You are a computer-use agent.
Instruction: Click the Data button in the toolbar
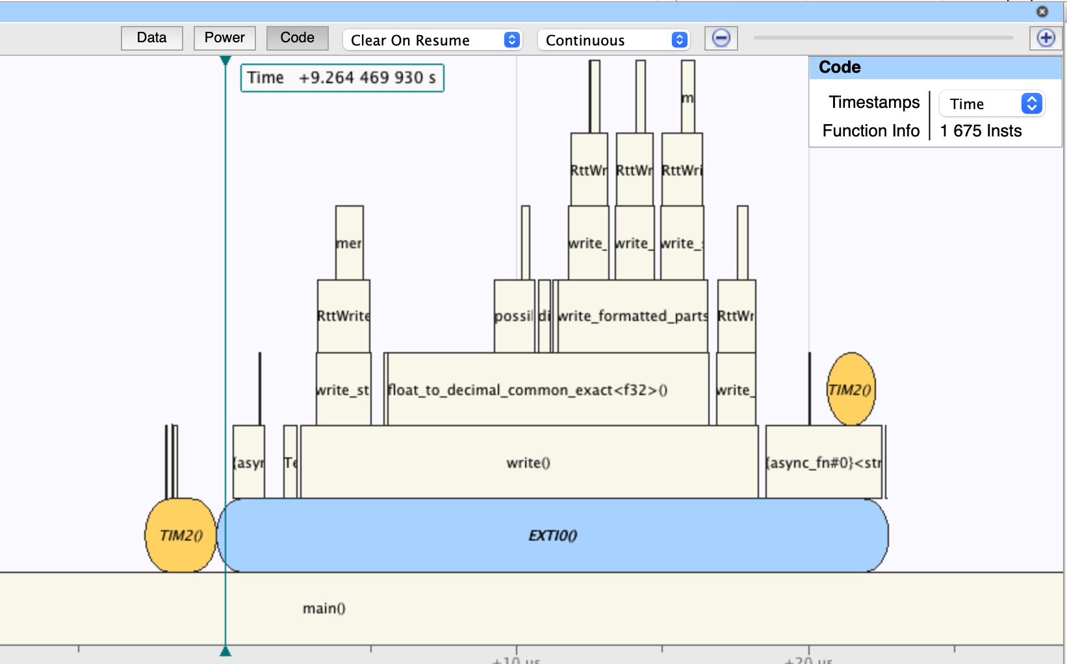pyautogui.click(x=152, y=38)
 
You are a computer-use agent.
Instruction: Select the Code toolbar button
pyautogui.click(x=297, y=38)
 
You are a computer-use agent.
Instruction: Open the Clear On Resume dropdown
pyautogui.click(x=432, y=40)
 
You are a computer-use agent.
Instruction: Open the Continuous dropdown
pyautogui.click(x=613, y=40)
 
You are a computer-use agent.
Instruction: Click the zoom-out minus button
pyautogui.click(x=721, y=38)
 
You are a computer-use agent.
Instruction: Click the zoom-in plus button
pyautogui.click(x=1046, y=38)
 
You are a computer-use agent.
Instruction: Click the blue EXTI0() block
pyautogui.click(x=552, y=535)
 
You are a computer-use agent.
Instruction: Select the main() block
pyautogui.click(x=324, y=608)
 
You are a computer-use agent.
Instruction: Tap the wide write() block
pyautogui.click(x=528, y=462)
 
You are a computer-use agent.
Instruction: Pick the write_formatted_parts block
pyautogui.click(x=632, y=316)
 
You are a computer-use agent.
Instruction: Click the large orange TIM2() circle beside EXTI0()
pyautogui.click(x=181, y=535)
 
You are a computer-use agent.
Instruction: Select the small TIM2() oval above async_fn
pyautogui.click(x=851, y=389)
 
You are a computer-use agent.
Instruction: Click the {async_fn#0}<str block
pyautogui.click(x=823, y=462)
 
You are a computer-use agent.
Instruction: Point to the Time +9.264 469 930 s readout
pyautogui.click(x=342, y=78)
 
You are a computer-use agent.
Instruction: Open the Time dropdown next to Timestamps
pyautogui.click(x=992, y=104)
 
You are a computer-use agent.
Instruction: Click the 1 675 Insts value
pyautogui.click(x=981, y=131)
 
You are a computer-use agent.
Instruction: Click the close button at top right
pyautogui.click(x=1042, y=12)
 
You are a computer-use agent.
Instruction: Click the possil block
pyautogui.click(x=514, y=316)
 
